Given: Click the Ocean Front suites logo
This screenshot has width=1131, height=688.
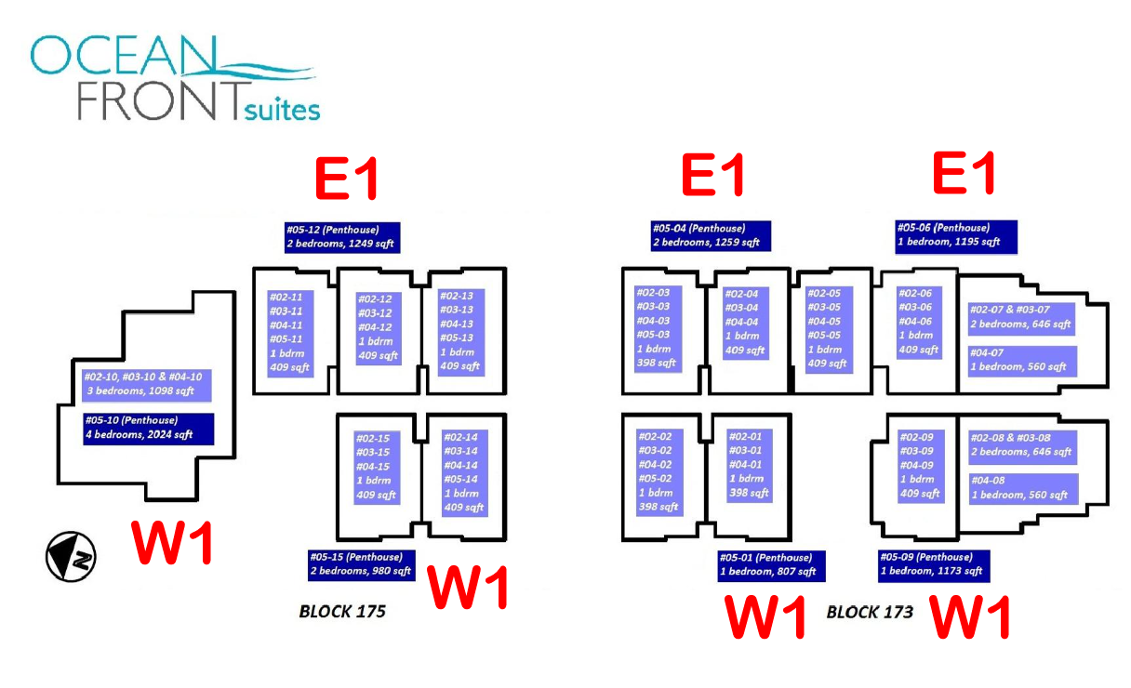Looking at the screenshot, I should (175, 77).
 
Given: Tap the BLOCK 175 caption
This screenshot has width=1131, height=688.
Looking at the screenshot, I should (341, 612).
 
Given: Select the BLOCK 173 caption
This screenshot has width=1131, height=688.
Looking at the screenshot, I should (870, 612).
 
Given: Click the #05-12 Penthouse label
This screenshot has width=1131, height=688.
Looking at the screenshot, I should (342, 237).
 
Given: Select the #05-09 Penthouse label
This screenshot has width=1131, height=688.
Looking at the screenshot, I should (933, 564).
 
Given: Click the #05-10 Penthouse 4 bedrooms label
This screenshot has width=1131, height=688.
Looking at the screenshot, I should (148, 429).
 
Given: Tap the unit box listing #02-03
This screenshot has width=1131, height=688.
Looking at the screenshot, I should (659, 327).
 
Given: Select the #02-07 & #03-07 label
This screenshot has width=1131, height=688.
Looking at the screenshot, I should (1022, 317).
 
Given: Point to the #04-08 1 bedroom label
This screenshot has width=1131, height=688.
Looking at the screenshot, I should (1022, 489).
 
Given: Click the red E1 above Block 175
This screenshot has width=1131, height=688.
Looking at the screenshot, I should (346, 178).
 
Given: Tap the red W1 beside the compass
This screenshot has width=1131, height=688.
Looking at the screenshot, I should (172, 543).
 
